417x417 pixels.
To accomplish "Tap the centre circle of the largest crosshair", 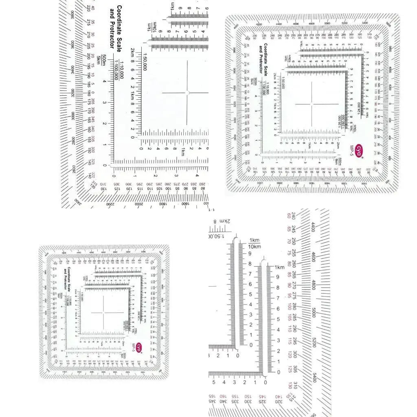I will click(x=187, y=93).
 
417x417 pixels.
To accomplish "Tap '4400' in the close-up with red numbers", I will click(x=313, y=226).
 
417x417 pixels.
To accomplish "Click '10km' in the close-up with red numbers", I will click(x=254, y=246).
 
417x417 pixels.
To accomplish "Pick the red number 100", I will click(x=289, y=306).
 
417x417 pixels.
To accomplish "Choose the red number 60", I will click(x=289, y=215).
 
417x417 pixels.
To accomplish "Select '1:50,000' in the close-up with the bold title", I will click(x=145, y=61).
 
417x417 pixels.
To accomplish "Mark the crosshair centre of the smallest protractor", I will click(x=103, y=313).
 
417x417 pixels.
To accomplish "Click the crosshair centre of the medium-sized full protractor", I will click(x=312, y=104).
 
